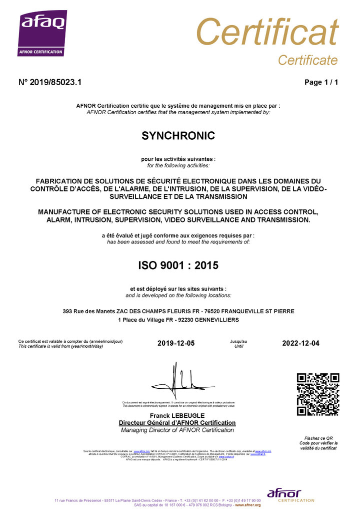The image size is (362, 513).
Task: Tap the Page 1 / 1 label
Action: [x=321, y=83]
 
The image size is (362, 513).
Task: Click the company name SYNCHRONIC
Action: [x=178, y=136]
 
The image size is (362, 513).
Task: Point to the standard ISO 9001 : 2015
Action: [x=178, y=266]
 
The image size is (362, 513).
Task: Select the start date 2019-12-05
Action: [x=175, y=343]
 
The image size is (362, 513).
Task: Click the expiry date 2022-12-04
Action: [x=300, y=343]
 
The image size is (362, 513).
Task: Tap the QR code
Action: [x=318, y=394]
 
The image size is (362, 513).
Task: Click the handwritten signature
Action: [x=178, y=381]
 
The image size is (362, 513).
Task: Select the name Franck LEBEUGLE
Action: [x=177, y=416]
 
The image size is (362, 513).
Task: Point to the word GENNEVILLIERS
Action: [x=216, y=320]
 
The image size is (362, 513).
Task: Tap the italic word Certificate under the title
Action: [x=307, y=61]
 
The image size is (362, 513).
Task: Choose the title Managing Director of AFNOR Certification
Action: [x=177, y=430]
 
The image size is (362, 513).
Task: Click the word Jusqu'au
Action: [x=238, y=341]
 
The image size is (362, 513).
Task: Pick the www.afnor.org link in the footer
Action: [x=248, y=505]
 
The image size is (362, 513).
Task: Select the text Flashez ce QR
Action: [x=318, y=438]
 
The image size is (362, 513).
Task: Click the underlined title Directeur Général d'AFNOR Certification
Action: [x=177, y=423]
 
